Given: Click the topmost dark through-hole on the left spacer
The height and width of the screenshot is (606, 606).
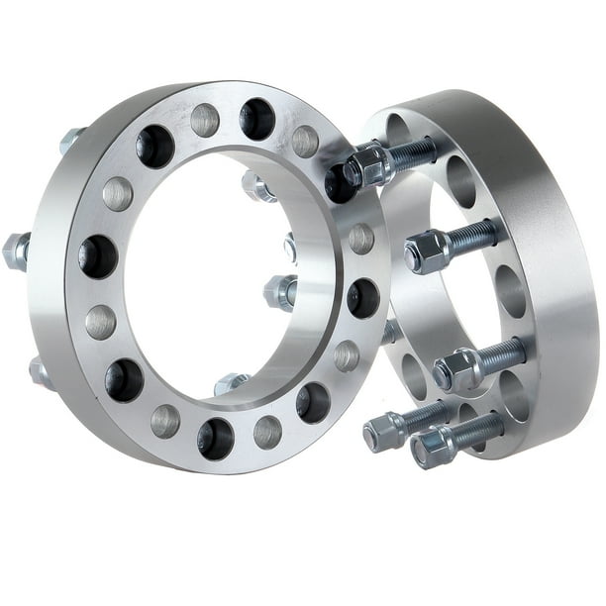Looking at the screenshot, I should pos(256,118).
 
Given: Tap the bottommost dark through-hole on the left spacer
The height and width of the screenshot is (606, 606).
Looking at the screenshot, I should pos(217,437).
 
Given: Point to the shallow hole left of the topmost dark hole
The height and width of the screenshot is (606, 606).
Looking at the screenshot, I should pos(205,120).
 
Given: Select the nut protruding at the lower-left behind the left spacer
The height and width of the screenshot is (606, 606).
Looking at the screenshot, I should pos(41,370).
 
